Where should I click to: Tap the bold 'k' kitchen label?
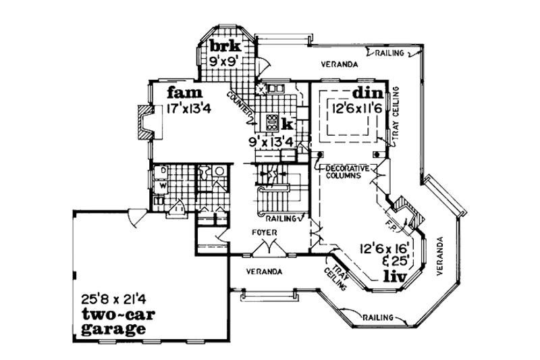pos(287,124)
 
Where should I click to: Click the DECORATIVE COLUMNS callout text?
pos(347,171)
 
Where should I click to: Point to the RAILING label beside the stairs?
pos(280,219)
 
